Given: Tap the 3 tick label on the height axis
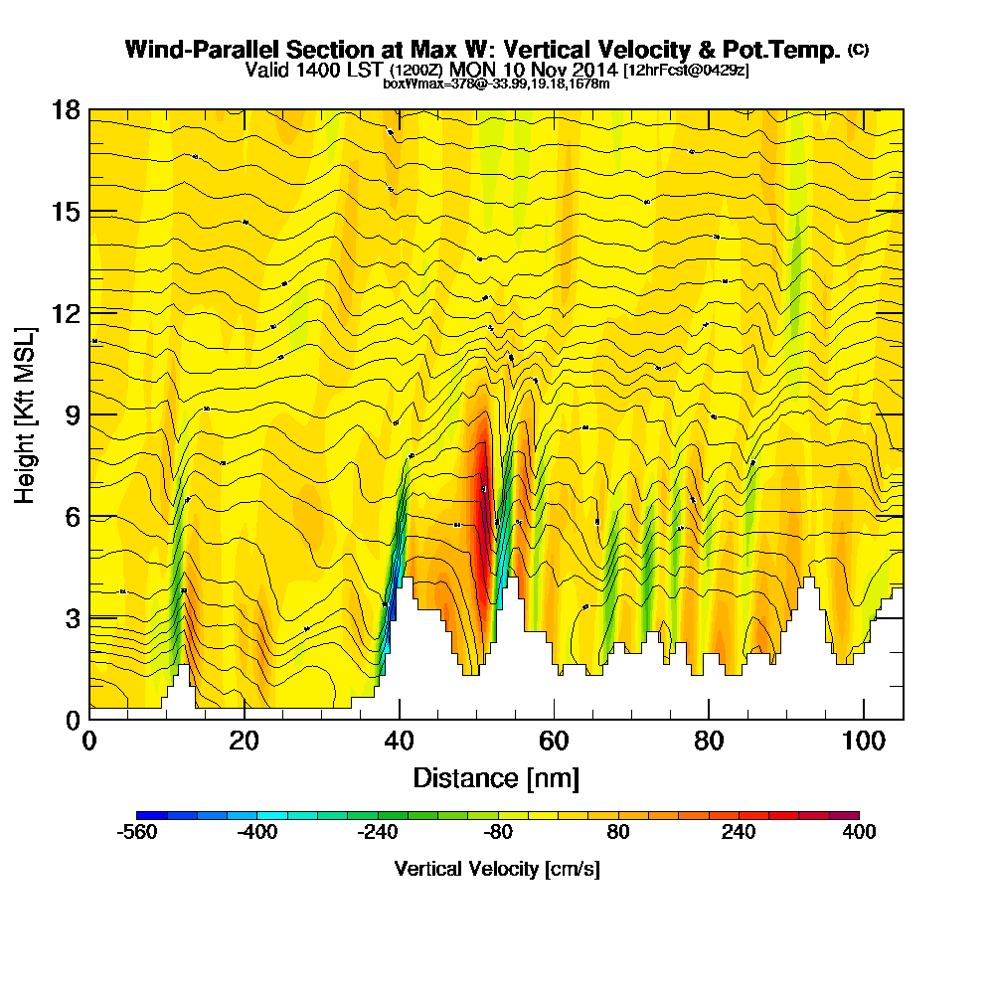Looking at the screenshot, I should coord(72,617).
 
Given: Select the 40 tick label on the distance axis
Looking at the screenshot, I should coord(399,741).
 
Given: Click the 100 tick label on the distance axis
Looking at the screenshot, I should coord(864,741).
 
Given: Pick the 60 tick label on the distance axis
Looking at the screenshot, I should coord(554,741).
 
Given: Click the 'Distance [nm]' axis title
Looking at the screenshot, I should coord(496,777).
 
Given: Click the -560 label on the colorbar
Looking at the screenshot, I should coord(137,832).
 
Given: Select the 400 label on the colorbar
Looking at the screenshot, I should coord(858,832).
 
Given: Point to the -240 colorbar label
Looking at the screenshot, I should coord(378,832).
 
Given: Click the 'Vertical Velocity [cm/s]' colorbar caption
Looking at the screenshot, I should coord(497,869).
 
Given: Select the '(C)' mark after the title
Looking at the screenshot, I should coord(858,49).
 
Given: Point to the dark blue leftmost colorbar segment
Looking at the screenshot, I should coord(151,815).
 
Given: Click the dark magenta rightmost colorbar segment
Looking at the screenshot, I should coord(844,815).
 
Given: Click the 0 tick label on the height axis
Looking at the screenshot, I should coord(72,719).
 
